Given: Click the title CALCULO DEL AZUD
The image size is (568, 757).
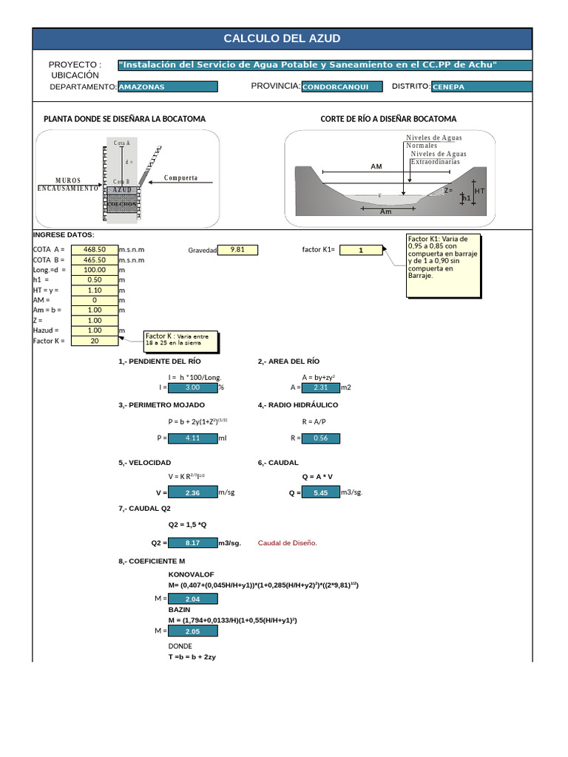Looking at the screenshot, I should (282, 39).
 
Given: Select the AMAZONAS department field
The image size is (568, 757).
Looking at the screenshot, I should (168, 86).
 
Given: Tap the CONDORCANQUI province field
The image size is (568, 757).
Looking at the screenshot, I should (342, 86).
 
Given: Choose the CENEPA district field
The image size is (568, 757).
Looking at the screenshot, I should (481, 86).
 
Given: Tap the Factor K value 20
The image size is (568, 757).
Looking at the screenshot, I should (95, 341).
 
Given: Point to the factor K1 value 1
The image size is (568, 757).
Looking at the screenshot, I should (360, 251).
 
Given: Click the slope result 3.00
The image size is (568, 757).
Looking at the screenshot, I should (193, 387).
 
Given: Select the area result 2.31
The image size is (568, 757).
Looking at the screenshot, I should (321, 387).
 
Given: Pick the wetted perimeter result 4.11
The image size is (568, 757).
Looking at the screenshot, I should (193, 438).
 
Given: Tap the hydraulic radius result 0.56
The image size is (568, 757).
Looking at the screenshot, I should (321, 438).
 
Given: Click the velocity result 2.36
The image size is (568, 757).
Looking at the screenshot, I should (193, 492).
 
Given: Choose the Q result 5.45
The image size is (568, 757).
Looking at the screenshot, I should (321, 492).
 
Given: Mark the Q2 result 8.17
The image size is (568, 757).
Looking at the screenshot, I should (193, 543).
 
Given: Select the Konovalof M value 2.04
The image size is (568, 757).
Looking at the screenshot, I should (193, 599).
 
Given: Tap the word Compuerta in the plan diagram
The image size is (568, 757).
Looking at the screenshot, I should (180, 178).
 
